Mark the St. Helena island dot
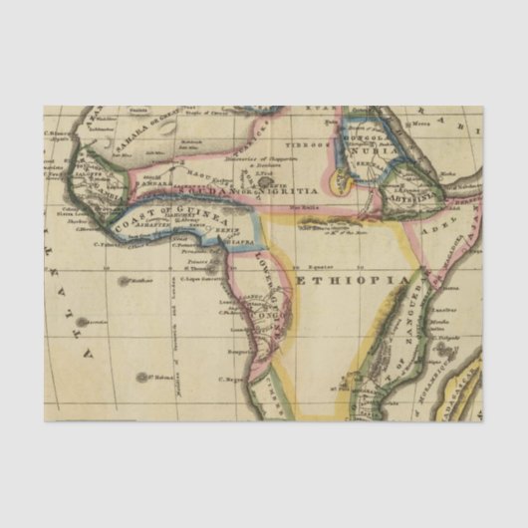141,377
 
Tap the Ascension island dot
83,323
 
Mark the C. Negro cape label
235,379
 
